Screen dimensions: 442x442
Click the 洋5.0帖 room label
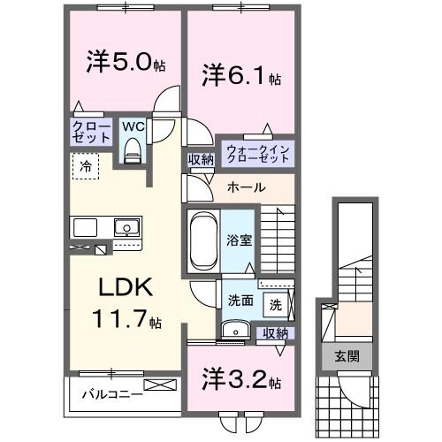pyautogui.click(x=123, y=64)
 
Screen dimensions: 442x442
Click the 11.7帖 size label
pyautogui.click(x=126, y=320)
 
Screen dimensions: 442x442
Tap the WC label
pyautogui.click(x=133, y=127)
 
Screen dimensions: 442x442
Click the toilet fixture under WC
pyautogui.click(x=133, y=151)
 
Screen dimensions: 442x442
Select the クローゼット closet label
pyautogui.click(x=92, y=133)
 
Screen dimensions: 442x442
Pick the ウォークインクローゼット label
pyautogui.click(x=257, y=153)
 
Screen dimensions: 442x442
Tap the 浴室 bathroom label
pyautogui.click(x=238, y=238)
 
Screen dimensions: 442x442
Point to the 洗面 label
pyautogui.click(x=240, y=300)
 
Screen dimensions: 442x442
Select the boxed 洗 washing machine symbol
pyautogui.click(x=276, y=305)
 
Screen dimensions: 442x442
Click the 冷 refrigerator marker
pyautogui.click(x=87, y=165)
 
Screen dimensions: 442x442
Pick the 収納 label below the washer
pyautogui.click(x=276, y=332)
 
